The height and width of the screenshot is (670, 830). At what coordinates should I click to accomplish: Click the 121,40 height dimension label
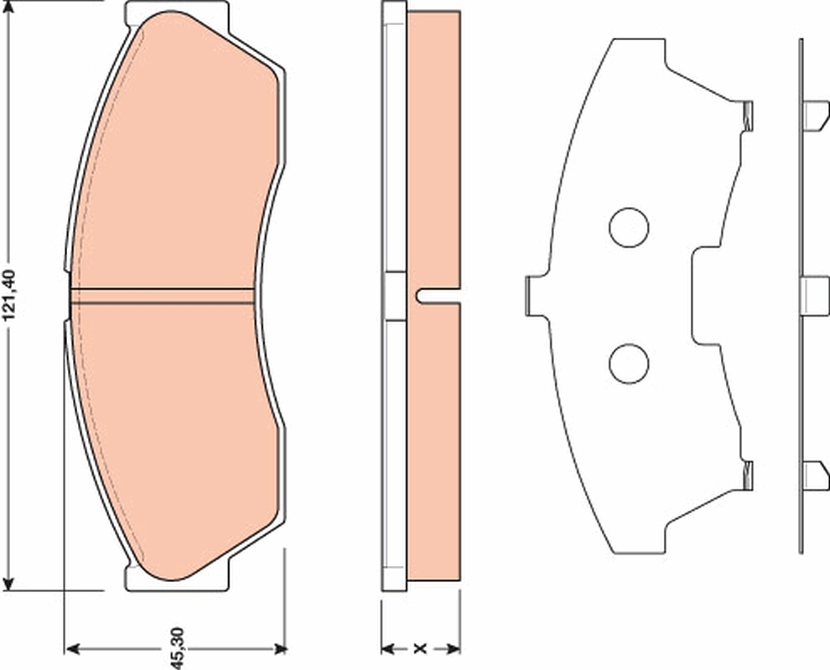point(11,296)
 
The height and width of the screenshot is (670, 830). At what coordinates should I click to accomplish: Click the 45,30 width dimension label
point(177,648)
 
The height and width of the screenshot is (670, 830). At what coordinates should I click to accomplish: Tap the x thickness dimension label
point(420,648)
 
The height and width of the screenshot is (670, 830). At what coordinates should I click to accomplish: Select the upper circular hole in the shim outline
point(629,228)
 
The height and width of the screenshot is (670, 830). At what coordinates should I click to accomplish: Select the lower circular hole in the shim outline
point(629,363)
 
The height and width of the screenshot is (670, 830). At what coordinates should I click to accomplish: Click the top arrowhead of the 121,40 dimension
point(8,8)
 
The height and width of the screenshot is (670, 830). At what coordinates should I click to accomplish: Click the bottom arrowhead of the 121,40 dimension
point(8,584)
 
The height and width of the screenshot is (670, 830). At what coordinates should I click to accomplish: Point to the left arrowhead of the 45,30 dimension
point(71,649)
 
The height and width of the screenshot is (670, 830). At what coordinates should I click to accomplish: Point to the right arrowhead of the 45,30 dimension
point(279,649)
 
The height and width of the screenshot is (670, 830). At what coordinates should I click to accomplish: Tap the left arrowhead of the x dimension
point(388,649)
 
